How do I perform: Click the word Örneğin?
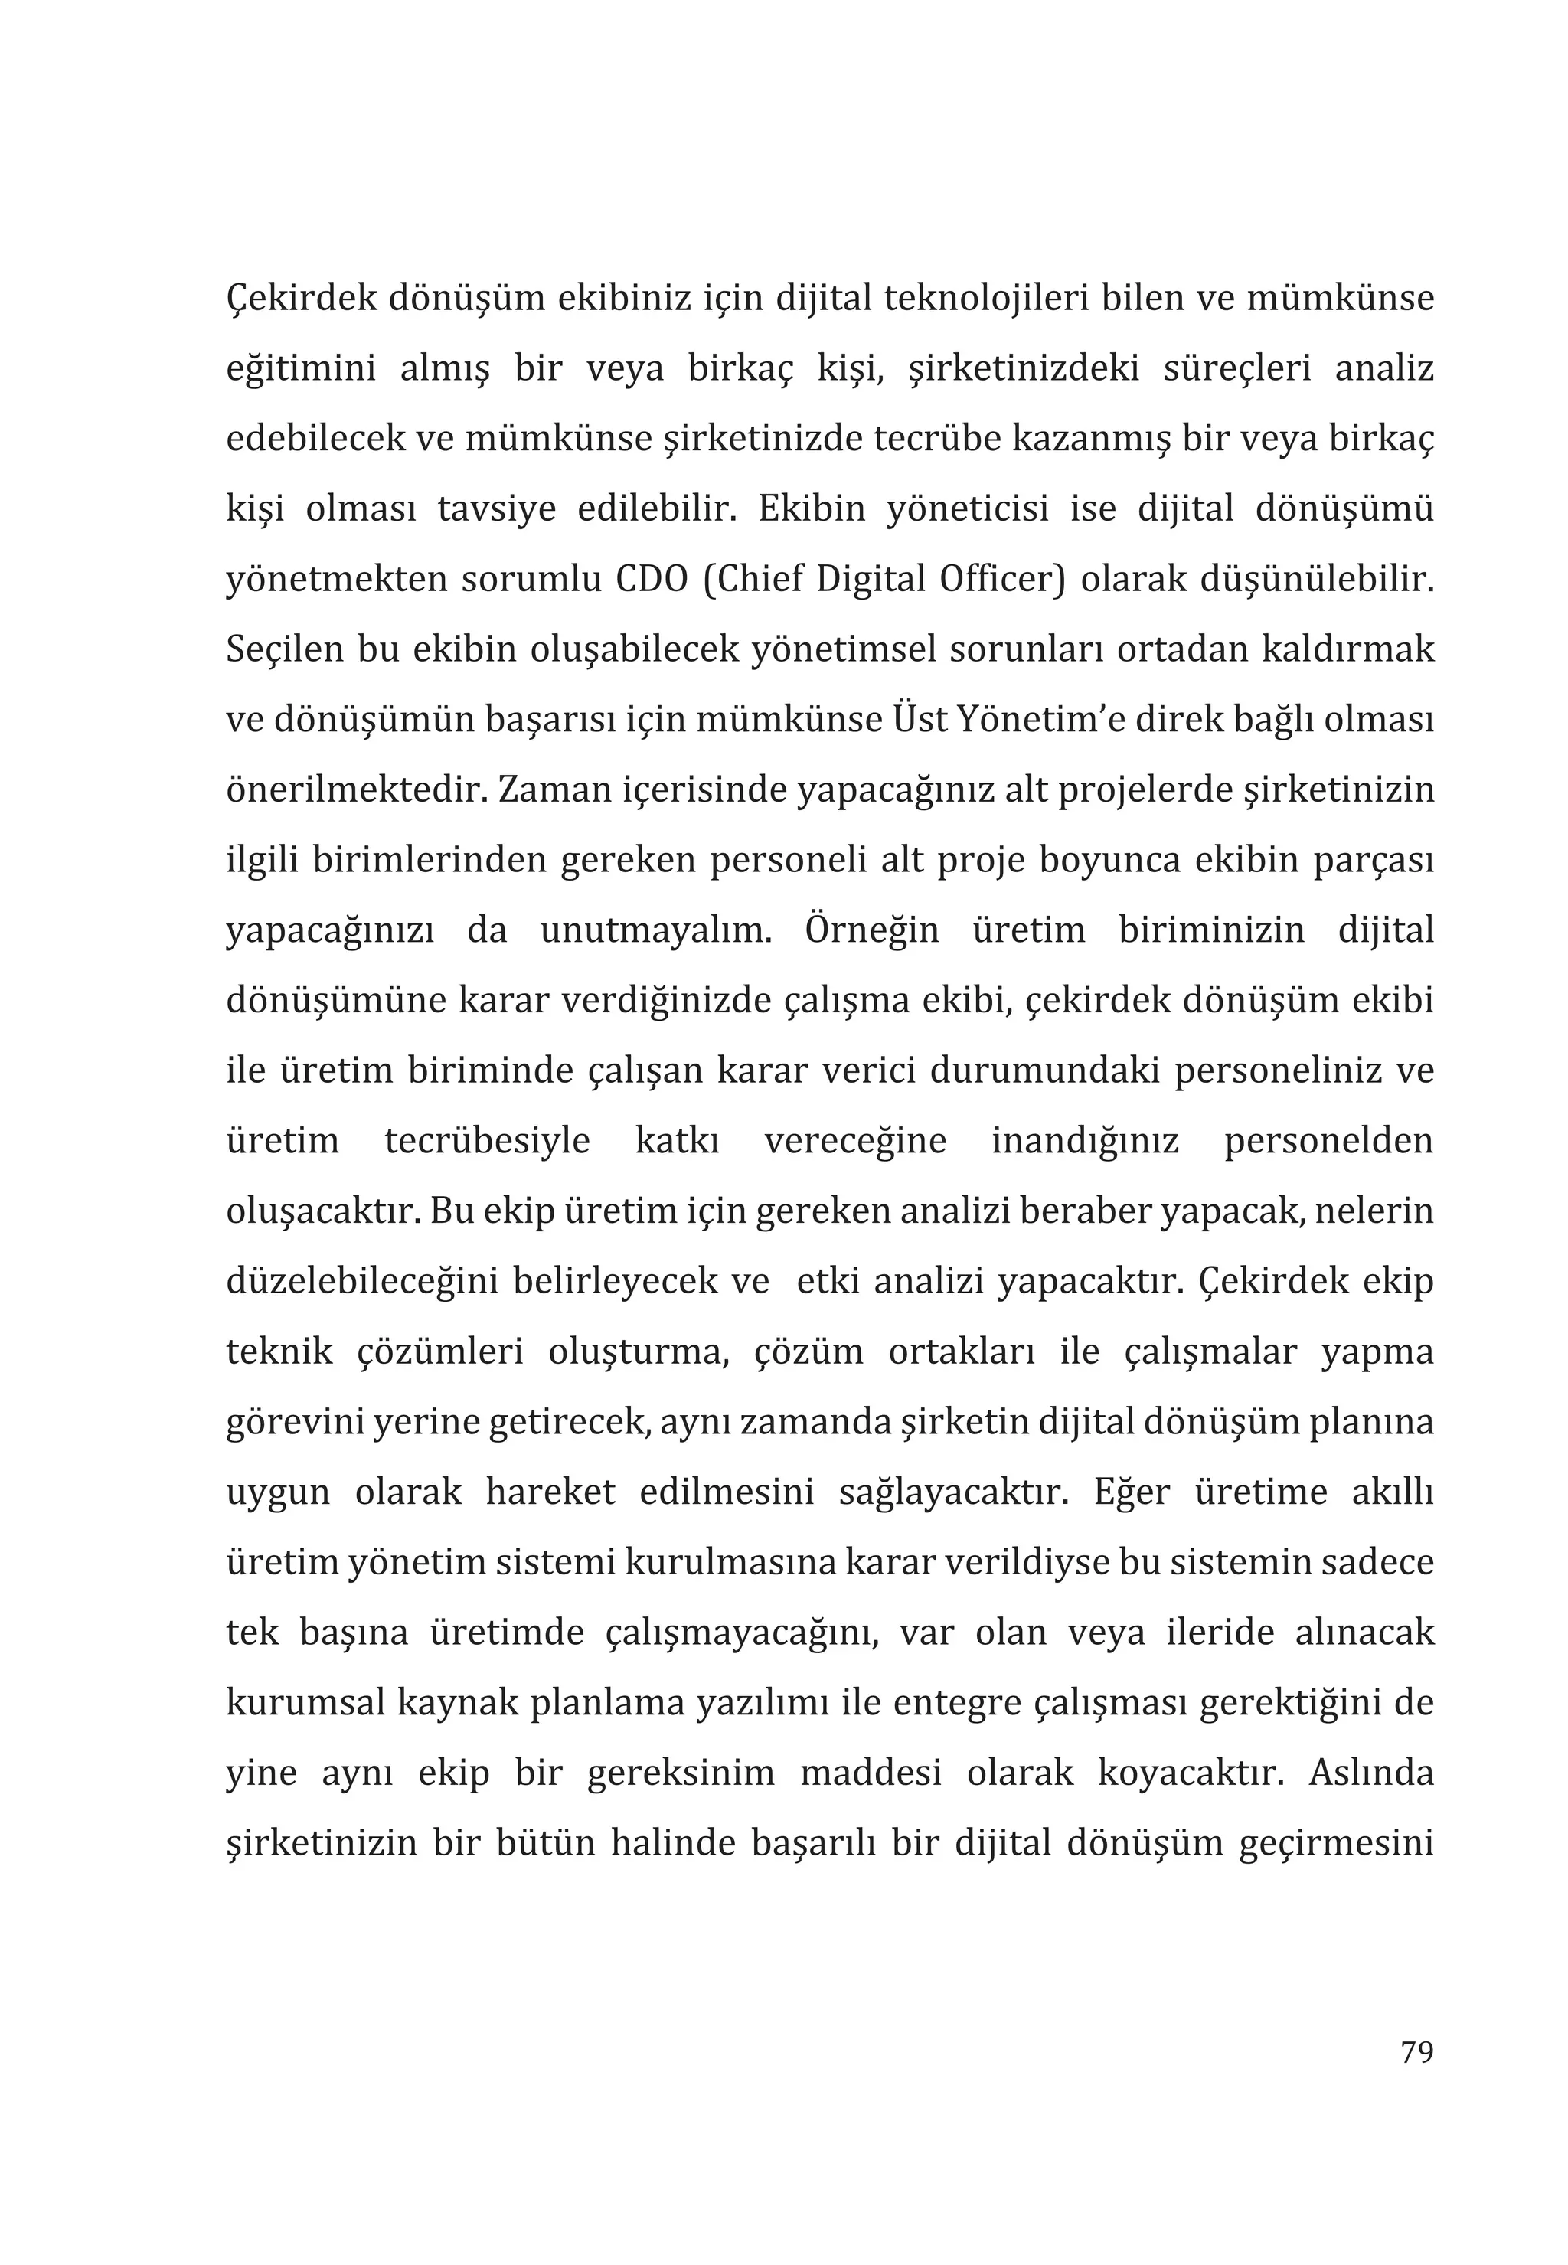click(x=871, y=930)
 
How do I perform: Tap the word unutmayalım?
click(x=655, y=930)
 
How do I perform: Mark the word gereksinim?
click(x=681, y=1773)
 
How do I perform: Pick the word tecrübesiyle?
click(x=487, y=1141)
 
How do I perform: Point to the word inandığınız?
click(x=1085, y=1141)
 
